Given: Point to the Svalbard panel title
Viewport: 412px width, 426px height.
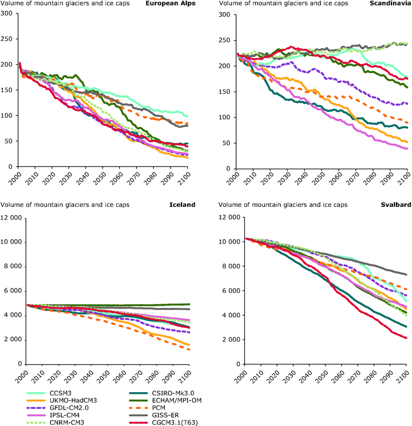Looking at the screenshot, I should tap(395, 205).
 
